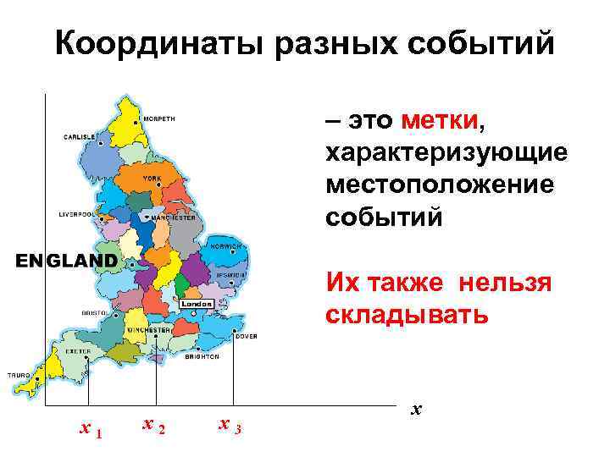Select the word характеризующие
coord(446,153)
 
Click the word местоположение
coord(439,184)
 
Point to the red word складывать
coord(407,316)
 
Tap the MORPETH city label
coord(160,118)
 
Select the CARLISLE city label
coord(80,136)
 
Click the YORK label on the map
coord(152,179)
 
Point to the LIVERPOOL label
coord(75,214)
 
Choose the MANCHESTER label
coord(175,217)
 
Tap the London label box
coord(196,303)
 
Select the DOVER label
coord(247,336)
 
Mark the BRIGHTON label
coord(202,356)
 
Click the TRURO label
coord(19,374)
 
